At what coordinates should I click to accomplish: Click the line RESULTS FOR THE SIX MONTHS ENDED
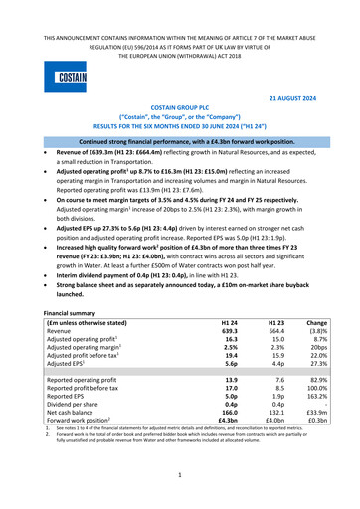(x=179, y=141)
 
